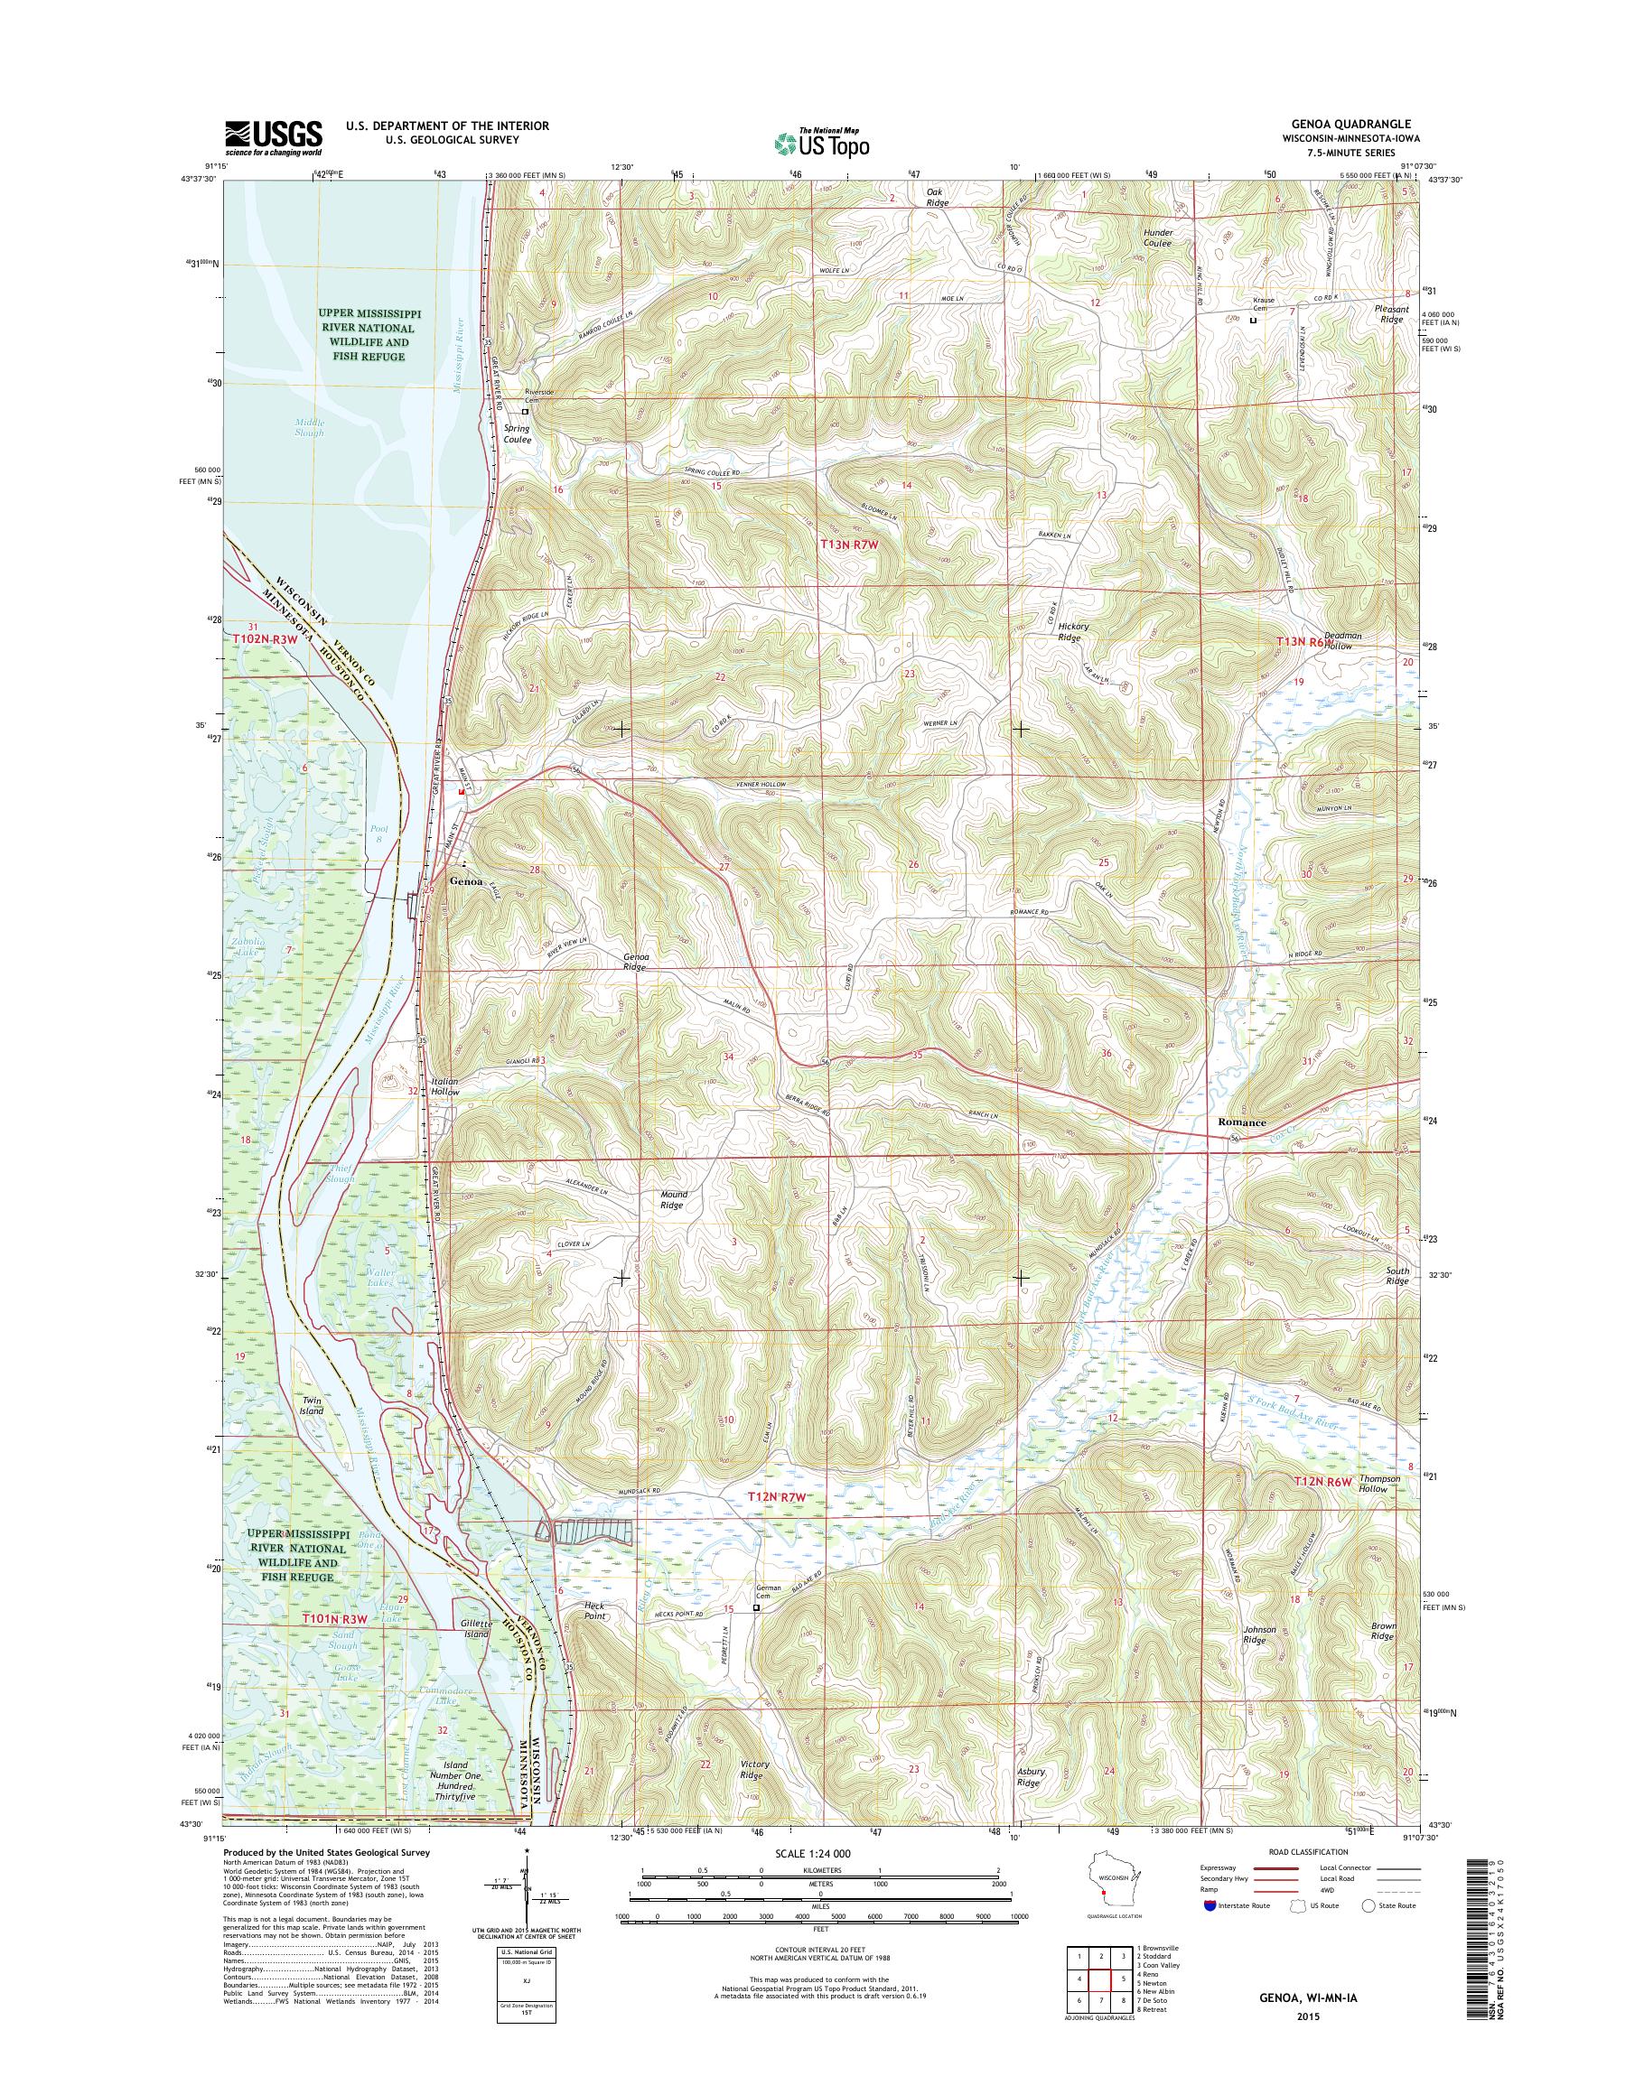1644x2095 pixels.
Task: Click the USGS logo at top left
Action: pos(274,137)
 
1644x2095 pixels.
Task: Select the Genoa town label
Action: pos(467,880)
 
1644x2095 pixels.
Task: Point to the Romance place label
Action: pos(1242,1122)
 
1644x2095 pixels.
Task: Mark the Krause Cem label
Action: pos(1263,304)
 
